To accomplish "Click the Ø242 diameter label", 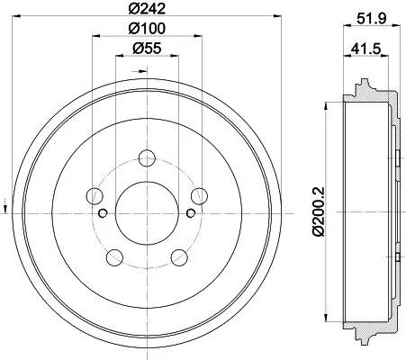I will (x=146, y=11).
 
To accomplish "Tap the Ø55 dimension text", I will (x=146, y=49).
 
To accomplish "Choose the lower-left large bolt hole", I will (x=113, y=257).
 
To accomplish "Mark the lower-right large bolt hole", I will (x=178, y=257).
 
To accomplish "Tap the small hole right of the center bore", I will (x=190, y=212).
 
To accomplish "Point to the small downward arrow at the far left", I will (x=7, y=202).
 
